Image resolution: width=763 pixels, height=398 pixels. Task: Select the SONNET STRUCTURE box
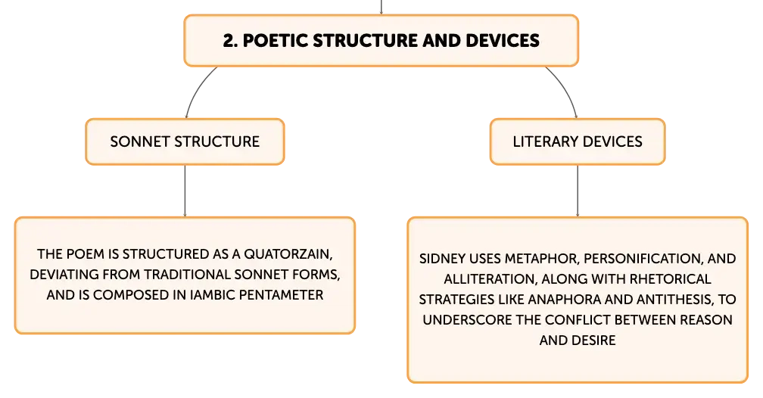[185, 141]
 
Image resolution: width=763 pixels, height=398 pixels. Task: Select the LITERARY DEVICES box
[578, 141]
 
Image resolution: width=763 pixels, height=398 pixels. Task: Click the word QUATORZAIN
[288, 254]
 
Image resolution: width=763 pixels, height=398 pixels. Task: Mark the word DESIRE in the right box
[595, 340]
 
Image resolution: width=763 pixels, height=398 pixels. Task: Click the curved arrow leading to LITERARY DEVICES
[565, 89]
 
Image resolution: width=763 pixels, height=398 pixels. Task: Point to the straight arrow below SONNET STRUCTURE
[185, 191]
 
